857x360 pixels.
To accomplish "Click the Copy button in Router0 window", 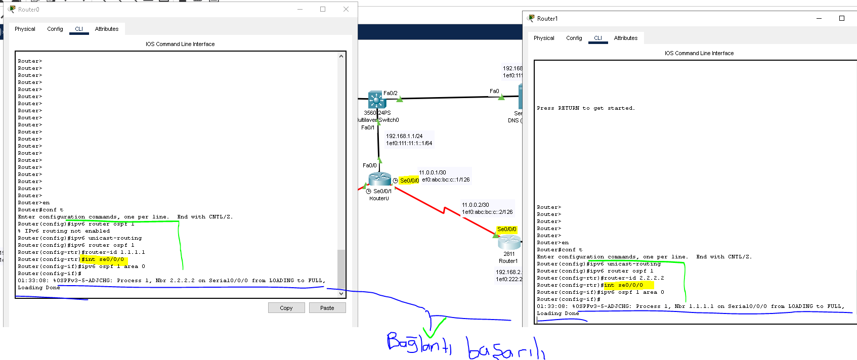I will pyautogui.click(x=286, y=308).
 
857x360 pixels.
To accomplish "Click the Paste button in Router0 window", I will pyautogui.click(x=327, y=308).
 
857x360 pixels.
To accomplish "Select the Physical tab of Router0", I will pyautogui.click(x=25, y=29).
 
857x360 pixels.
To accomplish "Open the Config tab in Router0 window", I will pyautogui.click(x=55, y=29).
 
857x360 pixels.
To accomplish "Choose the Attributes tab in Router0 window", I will pyautogui.click(x=107, y=29).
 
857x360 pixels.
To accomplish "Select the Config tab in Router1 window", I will pyautogui.click(x=574, y=38).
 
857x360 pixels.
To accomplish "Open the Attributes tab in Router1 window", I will pyautogui.click(x=626, y=38).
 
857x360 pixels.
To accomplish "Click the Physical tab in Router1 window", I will pyautogui.click(x=544, y=38).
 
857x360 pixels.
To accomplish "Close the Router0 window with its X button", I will pyautogui.click(x=346, y=9).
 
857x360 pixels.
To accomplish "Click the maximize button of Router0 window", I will pyautogui.click(x=323, y=9).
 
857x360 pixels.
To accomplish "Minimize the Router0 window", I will pyautogui.click(x=300, y=9).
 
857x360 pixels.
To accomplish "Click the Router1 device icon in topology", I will pyautogui.click(x=509, y=242).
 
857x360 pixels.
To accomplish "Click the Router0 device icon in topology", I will pyautogui.click(x=379, y=179).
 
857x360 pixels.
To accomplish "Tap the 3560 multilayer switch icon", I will pyautogui.click(x=376, y=100).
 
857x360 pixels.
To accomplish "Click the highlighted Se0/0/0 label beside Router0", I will pyautogui.click(x=409, y=181).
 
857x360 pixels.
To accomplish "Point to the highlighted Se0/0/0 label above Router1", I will pyautogui.click(x=507, y=229).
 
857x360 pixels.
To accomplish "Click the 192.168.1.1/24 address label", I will pyautogui.click(x=404, y=136).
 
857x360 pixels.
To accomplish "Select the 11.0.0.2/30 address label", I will pyautogui.click(x=476, y=205).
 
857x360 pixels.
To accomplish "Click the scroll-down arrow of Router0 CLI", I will pyautogui.click(x=341, y=293).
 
